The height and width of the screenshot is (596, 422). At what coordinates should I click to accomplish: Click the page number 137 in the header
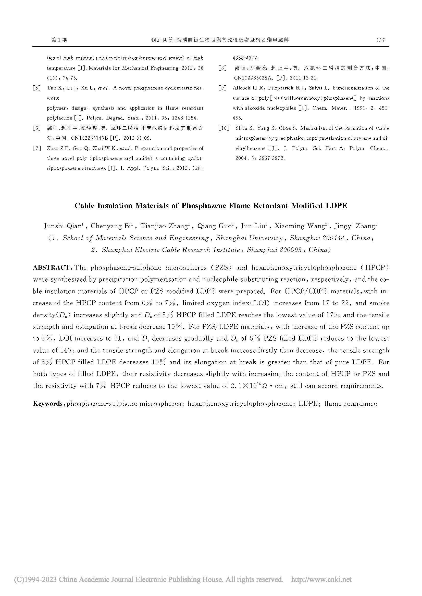click(x=380, y=40)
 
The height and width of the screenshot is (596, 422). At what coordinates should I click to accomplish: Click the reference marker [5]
click(x=37, y=88)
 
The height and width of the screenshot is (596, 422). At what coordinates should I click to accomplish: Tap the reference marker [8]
click(x=223, y=68)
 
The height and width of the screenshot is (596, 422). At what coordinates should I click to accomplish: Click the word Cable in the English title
click(x=84, y=206)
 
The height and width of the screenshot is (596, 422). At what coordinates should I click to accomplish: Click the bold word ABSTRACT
click(x=51, y=268)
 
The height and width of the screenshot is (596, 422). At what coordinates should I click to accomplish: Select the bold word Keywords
click(x=48, y=404)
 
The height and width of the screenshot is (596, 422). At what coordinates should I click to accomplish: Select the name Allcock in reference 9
click(x=241, y=88)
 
